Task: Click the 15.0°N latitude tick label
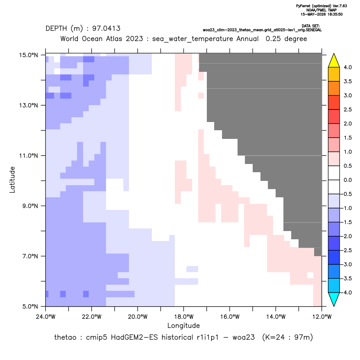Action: click(29, 55)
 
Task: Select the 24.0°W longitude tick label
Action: click(46, 317)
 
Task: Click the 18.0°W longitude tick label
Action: click(183, 317)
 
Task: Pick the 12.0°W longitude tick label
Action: click(322, 317)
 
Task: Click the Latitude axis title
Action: click(12, 180)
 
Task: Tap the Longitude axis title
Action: click(183, 325)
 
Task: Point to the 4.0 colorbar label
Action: click(347, 67)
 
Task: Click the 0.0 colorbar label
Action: click(347, 180)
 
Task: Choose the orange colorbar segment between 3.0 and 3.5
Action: click(334, 88)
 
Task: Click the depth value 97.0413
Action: click(106, 29)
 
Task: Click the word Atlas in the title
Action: click(114, 39)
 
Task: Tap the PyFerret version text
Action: click(321, 6)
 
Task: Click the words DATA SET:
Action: click(311, 26)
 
